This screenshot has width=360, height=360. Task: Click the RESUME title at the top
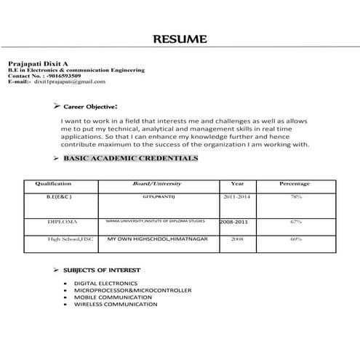(180, 39)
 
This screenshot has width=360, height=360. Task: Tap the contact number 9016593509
(64, 76)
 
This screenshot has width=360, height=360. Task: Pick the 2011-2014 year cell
(237, 197)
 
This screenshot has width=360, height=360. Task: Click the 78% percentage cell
(295, 197)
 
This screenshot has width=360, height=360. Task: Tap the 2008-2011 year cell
(236, 220)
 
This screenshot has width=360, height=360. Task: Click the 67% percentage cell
(295, 220)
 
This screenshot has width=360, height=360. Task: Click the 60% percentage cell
(295, 239)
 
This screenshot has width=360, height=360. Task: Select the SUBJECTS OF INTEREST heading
(111, 270)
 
